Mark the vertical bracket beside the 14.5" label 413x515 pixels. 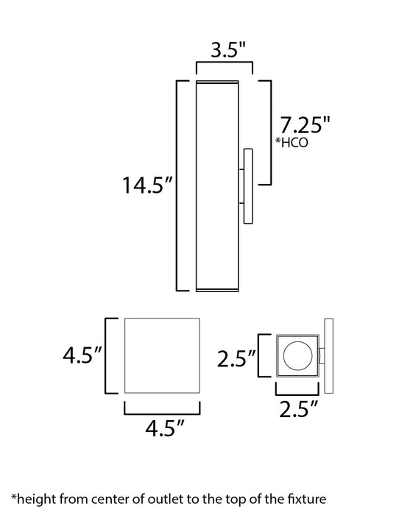pos(177,185)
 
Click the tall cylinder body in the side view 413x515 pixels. pos(218,185)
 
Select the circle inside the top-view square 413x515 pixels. pos(298,355)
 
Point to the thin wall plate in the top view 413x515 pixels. pos(328,355)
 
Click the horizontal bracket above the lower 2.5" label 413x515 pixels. pos(298,388)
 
